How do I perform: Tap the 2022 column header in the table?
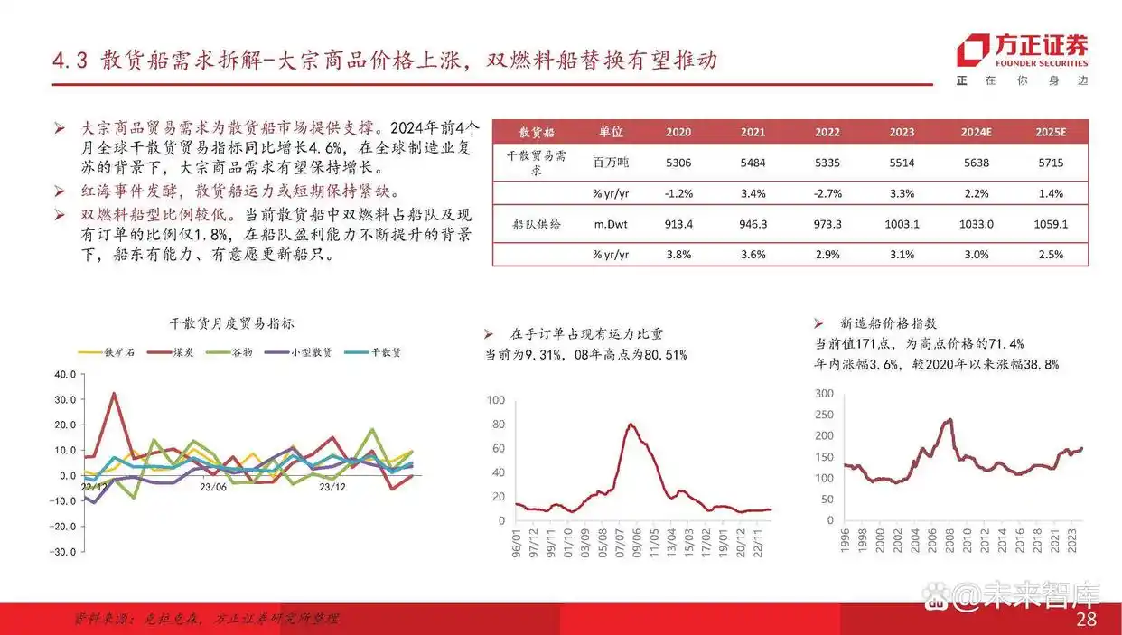827,132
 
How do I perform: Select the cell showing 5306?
678,163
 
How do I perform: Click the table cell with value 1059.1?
1051,224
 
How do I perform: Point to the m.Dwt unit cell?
610,224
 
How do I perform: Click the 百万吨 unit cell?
610,163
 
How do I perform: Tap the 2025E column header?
1051,132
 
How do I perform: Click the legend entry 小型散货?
310,351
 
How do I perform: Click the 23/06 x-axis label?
214,487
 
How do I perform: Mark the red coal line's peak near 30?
114,393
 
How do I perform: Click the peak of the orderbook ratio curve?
631,424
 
